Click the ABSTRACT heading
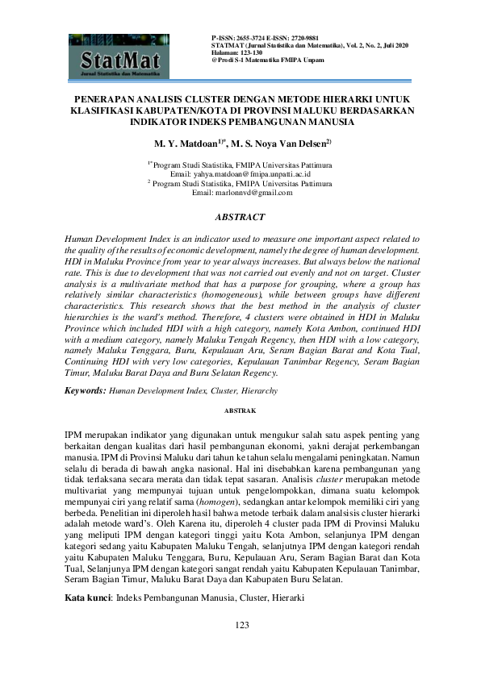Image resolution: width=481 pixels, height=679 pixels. [240, 218]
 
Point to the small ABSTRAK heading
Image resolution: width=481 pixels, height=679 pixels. [240, 410]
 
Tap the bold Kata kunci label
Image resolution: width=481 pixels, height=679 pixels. [86, 600]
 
